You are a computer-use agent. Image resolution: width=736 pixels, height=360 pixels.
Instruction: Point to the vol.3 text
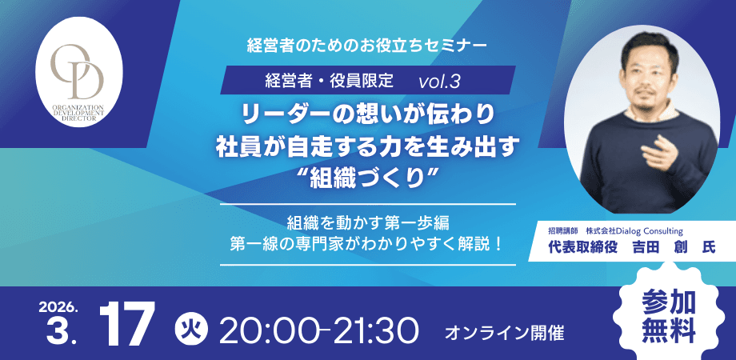point(439,81)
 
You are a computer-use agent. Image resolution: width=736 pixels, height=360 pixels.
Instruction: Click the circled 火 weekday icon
point(187,328)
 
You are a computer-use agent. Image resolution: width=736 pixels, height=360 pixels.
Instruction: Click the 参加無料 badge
point(670,314)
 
